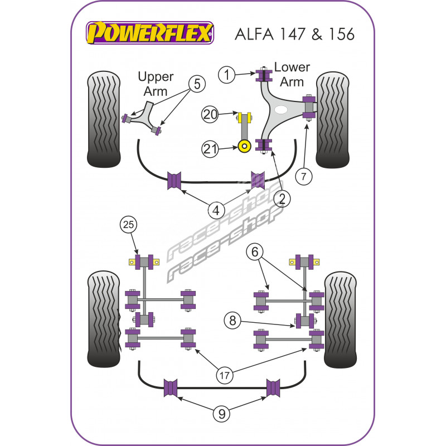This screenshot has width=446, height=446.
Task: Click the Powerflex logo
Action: pos(149,33)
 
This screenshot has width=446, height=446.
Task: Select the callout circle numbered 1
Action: pos(227,74)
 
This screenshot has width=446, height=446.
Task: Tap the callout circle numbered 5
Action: pos(197,84)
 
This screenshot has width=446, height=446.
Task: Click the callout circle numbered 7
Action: pos(304,177)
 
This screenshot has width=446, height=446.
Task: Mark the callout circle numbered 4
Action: pos(216,210)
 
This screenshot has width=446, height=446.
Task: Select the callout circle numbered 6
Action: pos(255,253)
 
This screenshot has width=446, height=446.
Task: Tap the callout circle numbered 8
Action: pos(233,321)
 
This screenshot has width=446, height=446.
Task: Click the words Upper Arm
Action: pos(156,84)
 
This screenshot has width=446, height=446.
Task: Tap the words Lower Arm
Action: pos(292,75)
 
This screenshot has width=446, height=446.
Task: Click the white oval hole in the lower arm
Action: pos(282,110)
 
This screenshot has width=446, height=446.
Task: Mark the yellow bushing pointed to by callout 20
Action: pos(244,118)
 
